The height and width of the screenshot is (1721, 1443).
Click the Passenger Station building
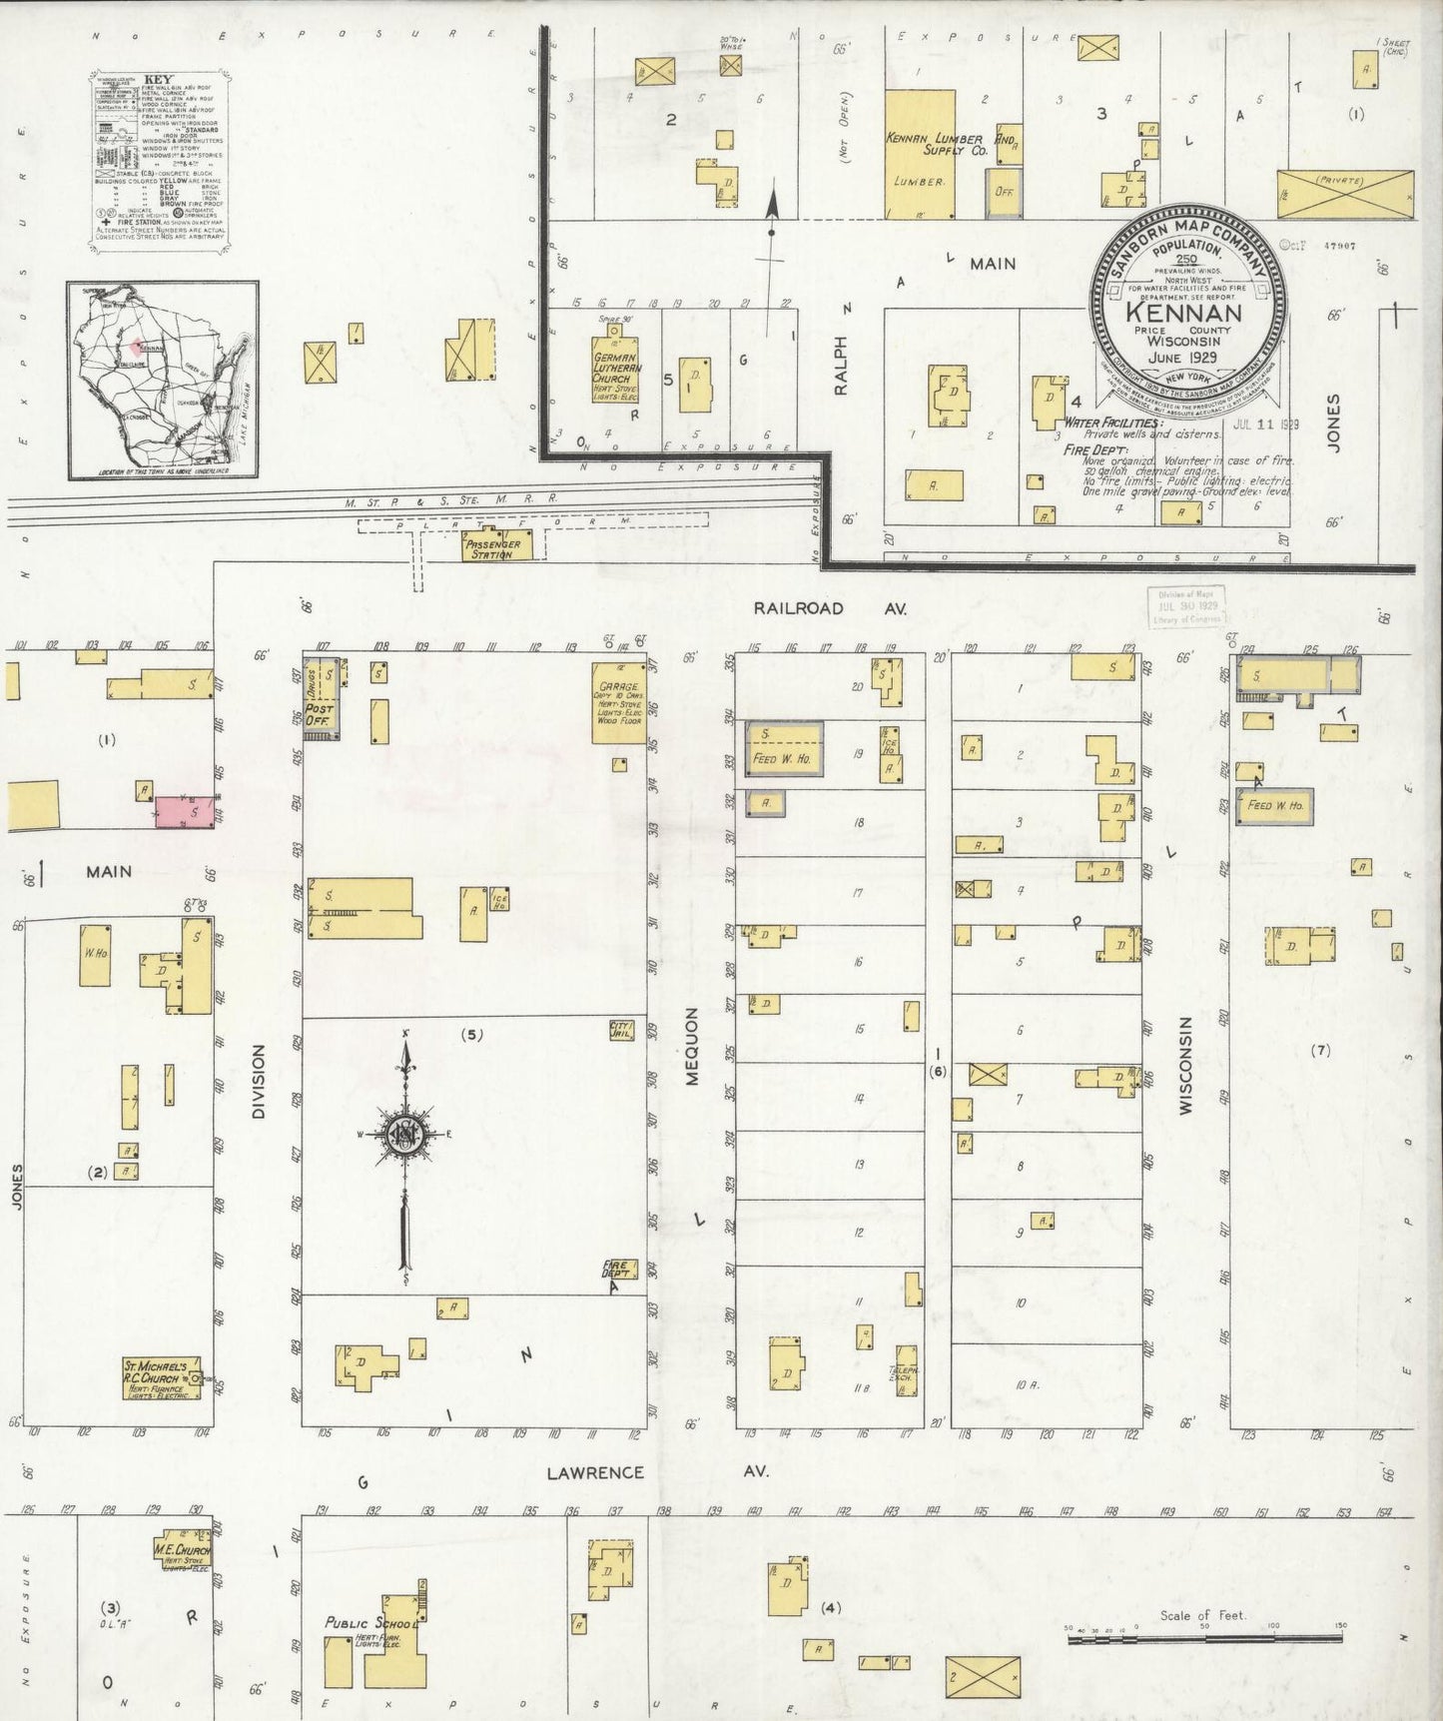(x=497, y=544)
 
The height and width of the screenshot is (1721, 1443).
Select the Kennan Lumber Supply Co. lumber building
(x=920, y=155)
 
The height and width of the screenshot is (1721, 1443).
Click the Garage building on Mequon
(x=619, y=702)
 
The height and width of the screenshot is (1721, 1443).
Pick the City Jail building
(x=622, y=1031)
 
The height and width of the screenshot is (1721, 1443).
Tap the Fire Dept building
(x=615, y=1271)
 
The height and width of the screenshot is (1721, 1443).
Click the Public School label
(x=369, y=1622)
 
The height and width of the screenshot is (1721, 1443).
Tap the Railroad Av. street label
(x=798, y=608)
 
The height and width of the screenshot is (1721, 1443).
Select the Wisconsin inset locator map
(x=163, y=380)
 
